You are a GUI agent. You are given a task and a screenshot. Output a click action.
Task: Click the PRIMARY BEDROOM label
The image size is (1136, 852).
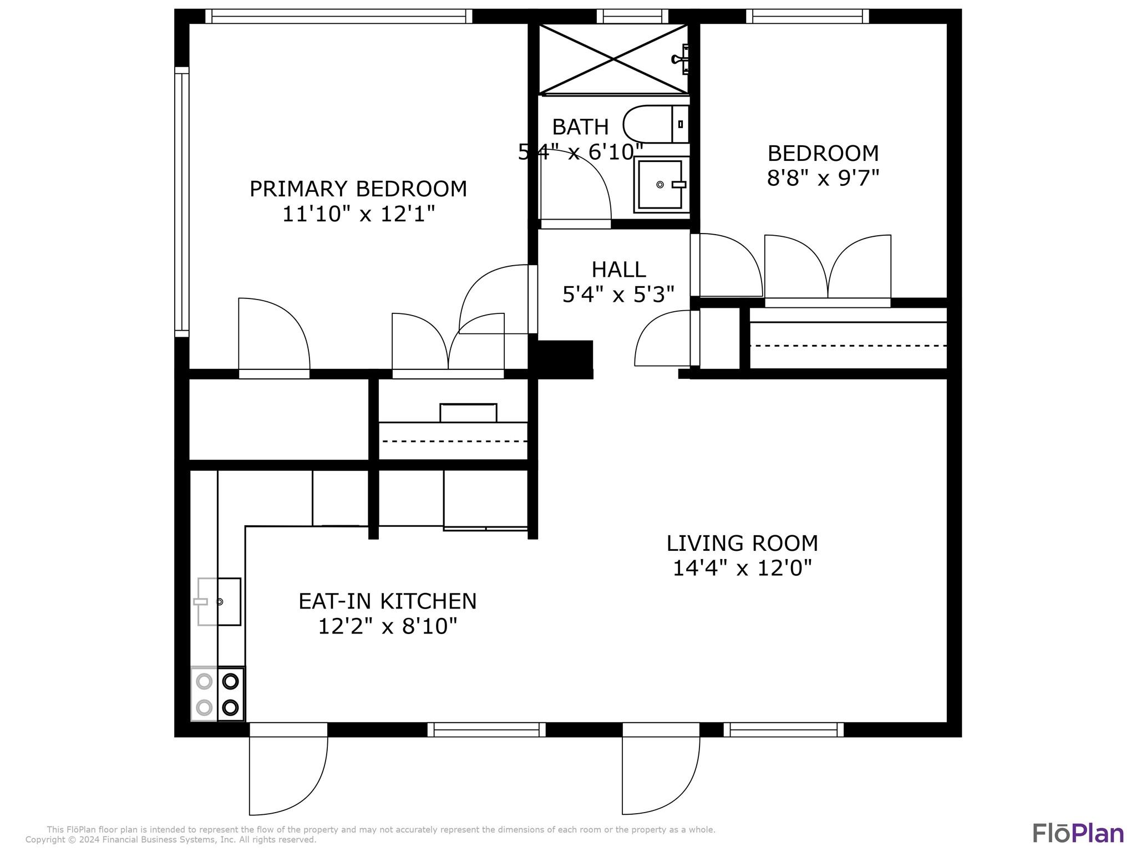[358, 189]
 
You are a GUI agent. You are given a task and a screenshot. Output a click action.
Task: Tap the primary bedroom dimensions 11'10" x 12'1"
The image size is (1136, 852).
[358, 214]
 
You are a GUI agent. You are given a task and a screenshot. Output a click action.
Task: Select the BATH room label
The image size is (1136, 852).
[580, 127]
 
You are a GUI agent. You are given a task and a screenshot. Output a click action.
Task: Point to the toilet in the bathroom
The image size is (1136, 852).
[656, 124]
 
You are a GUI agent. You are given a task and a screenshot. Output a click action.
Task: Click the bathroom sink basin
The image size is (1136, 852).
[660, 184]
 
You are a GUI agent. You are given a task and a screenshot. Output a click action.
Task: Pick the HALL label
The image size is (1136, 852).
[618, 270]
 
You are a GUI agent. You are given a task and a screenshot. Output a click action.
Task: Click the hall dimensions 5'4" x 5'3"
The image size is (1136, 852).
[618, 295]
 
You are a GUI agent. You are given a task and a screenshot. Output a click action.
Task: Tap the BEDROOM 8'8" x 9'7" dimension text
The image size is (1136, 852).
[823, 178]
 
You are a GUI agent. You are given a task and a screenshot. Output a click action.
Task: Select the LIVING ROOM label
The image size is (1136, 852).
[742, 544]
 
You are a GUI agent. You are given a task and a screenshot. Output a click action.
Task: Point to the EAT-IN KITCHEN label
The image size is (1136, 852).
[388, 601]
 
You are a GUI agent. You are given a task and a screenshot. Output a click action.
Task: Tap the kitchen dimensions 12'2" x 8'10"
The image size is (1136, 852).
[388, 627]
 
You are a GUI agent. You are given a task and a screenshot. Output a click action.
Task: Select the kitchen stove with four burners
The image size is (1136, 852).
[217, 694]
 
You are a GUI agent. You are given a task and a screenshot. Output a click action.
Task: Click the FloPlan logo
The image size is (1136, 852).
[1078, 834]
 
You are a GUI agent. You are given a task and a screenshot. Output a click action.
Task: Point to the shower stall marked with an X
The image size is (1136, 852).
[613, 58]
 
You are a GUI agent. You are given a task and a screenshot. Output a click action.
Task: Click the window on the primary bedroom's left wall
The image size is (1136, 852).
[182, 202]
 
